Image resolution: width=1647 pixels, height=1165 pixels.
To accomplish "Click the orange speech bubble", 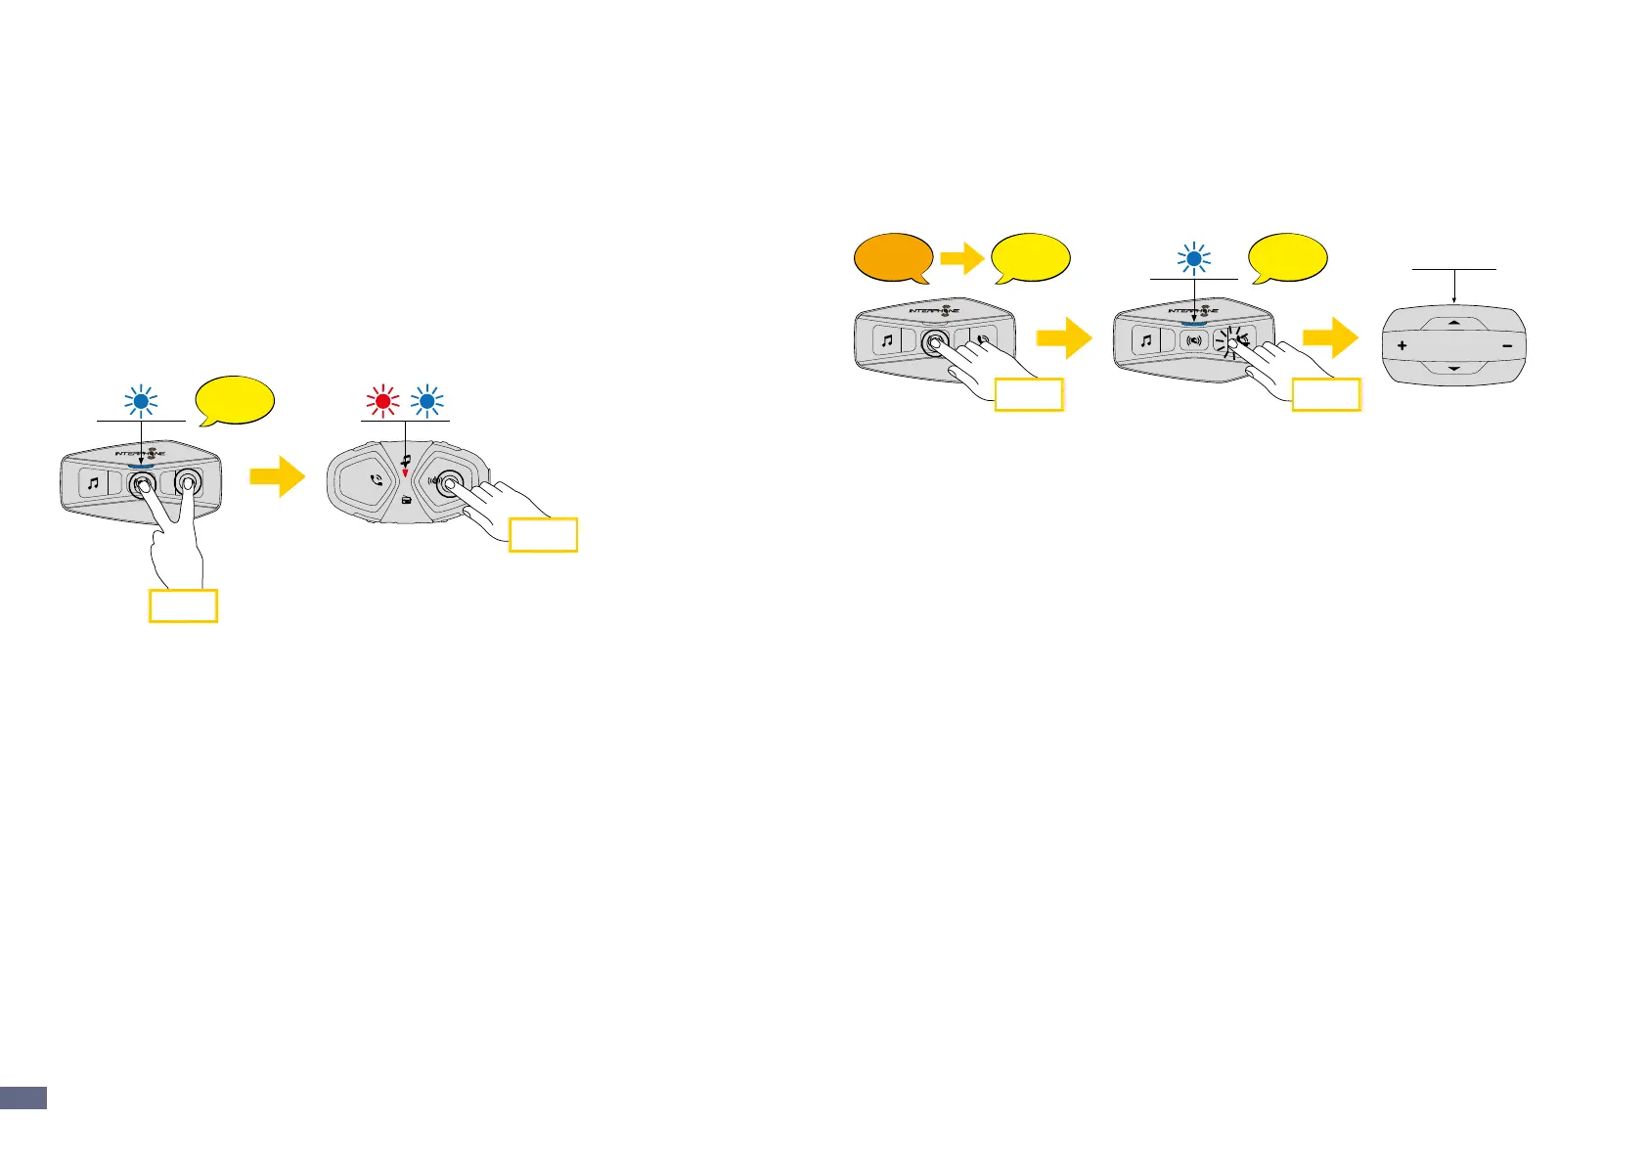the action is pos(892,258).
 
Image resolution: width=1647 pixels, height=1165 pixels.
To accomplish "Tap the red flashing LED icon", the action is pos(382,400).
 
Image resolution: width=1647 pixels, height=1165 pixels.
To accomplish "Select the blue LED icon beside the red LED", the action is pos(426,400).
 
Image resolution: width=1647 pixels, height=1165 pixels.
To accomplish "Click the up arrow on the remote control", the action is pos(1453,322).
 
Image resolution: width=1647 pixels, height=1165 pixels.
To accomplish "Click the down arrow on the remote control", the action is pos(1453,368).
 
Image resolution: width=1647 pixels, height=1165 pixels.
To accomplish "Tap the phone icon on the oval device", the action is pos(376,481).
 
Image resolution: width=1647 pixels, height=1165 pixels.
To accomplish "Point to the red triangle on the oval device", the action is pos(405,473).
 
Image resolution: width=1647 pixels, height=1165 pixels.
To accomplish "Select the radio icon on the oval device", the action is pos(406,500).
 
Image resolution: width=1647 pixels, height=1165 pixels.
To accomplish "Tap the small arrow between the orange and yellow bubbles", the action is pos(961,259).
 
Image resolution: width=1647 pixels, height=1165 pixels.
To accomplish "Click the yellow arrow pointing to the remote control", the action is pos(1330,339).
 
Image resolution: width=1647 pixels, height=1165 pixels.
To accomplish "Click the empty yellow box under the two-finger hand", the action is pos(183,605).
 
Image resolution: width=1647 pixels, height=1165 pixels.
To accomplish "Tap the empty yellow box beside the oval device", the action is pos(544,535).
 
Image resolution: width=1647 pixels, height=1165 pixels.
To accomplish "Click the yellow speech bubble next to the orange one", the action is pos(1030,258).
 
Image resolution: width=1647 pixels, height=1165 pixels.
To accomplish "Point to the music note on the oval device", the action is pos(405,458).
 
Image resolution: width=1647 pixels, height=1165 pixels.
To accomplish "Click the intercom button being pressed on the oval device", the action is pos(450,481).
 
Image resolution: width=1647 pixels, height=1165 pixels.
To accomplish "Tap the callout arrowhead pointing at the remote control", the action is pos(1454,299).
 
